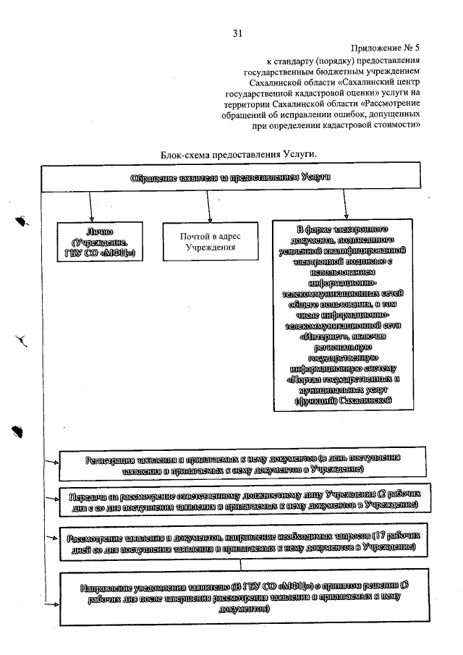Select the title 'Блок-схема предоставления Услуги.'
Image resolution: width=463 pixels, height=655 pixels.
pyautogui.click(x=238, y=155)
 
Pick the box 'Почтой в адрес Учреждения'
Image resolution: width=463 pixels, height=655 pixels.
pyautogui.click(x=209, y=242)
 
